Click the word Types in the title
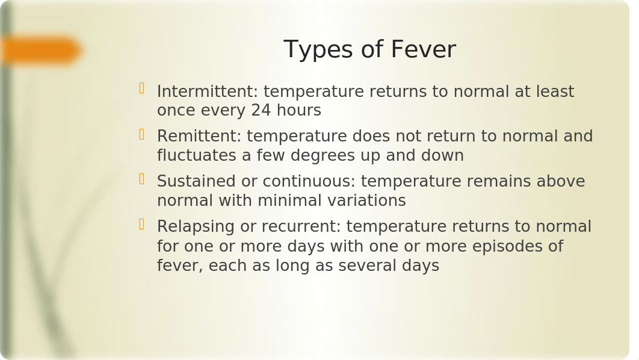point(316,50)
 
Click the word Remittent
point(199,136)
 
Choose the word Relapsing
point(196,228)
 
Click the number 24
point(261,111)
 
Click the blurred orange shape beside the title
point(41,51)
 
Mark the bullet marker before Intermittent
point(142,88)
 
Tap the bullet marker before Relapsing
point(142,224)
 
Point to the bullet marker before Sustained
point(142,179)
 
